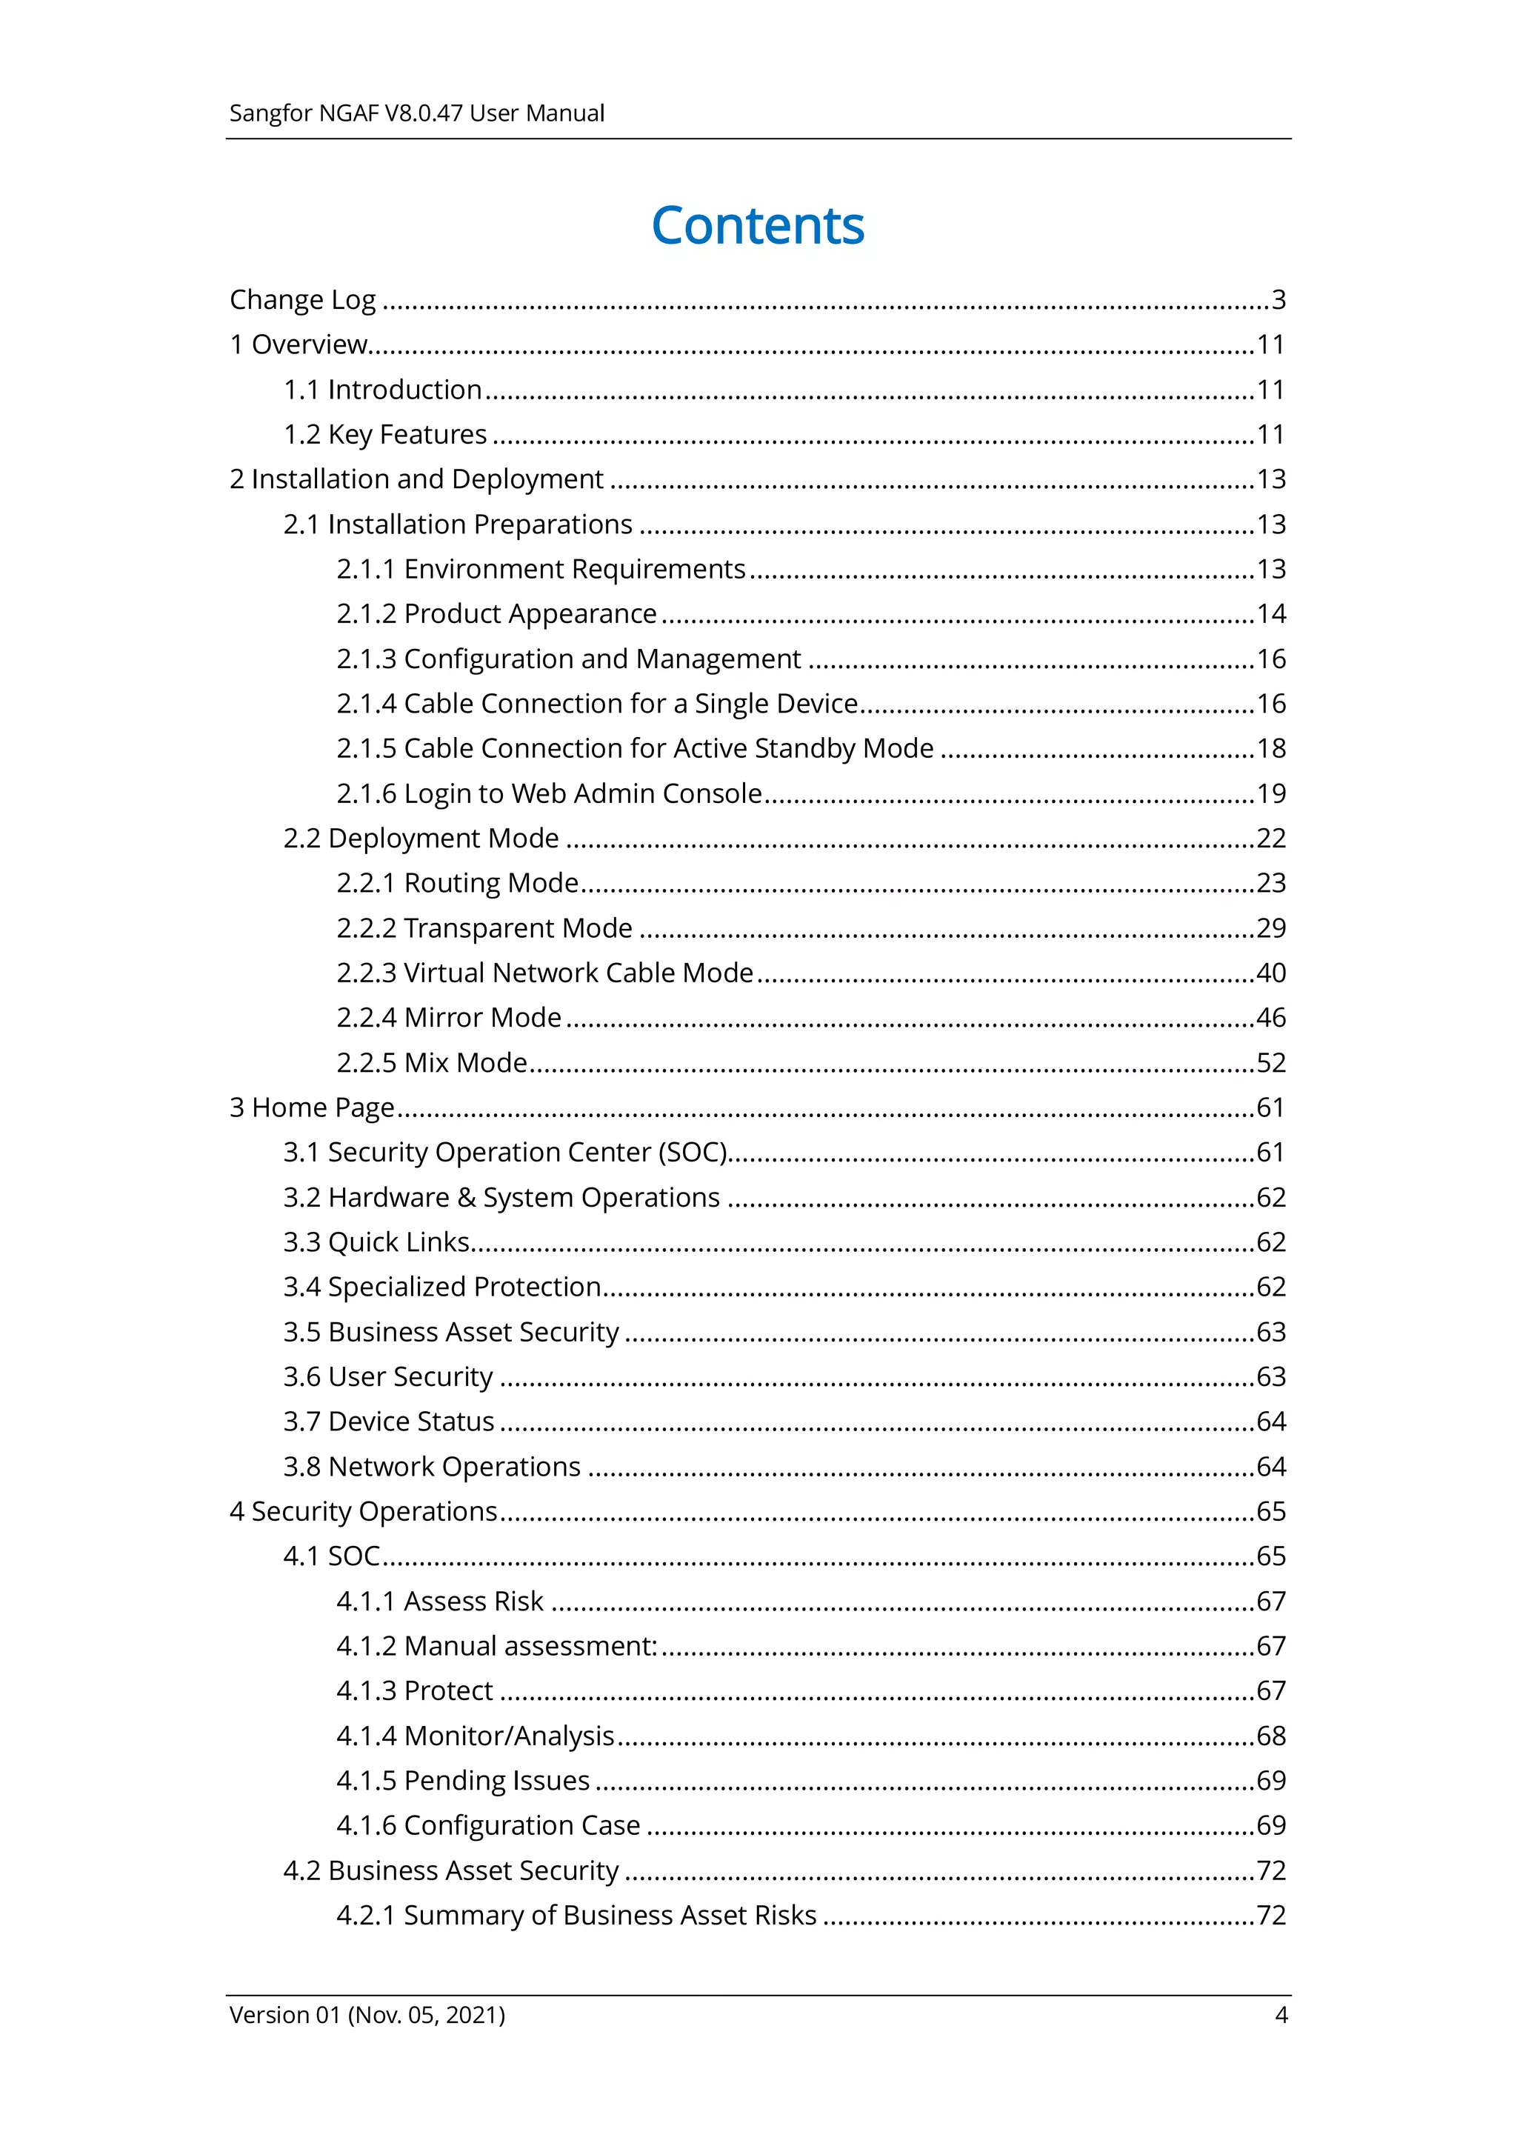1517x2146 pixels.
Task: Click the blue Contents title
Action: (757, 226)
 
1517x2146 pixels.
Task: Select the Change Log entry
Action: (303, 300)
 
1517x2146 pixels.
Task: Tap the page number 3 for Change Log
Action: (1278, 300)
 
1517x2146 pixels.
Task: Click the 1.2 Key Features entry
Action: (385, 435)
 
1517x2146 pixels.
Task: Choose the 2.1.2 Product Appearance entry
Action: (496, 614)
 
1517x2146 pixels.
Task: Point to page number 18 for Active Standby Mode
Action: (1270, 749)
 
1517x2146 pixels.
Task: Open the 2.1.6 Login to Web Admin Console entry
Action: (550, 793)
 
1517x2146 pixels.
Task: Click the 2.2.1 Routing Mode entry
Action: (458, 883)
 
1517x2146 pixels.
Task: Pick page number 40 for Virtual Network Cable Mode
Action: (1270, 973)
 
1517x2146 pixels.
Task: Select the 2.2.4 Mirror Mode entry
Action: (450, 1018)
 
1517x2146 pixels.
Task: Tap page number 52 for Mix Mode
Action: (1270, 1063)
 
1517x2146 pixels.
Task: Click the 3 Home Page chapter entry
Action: (312, 1107)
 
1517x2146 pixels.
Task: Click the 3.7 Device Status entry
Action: (389, 1422)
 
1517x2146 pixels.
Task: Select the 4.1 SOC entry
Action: (332, 1556)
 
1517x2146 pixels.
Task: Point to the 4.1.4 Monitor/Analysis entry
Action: (476, 1736)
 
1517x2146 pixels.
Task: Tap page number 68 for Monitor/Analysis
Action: (1270, 1736)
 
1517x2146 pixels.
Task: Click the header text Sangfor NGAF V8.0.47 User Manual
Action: (417, 113)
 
